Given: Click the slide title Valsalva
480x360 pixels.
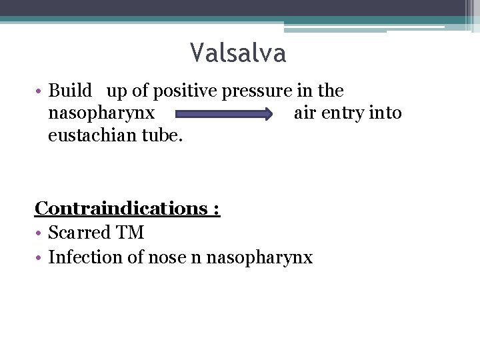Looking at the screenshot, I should tap(238, 53).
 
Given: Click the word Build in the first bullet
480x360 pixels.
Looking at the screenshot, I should tap(69, 91).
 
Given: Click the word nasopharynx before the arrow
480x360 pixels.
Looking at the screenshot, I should tap(101, 114).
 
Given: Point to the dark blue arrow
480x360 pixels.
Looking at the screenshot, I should tap(225, 114).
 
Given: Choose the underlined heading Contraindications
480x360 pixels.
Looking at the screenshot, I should tap(123, 208).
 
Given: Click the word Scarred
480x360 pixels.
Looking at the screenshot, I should tap(79, 233).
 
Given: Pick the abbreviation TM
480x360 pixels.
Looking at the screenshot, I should tap(130, 233).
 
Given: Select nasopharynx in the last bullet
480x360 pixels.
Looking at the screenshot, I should tap(259, 258).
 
